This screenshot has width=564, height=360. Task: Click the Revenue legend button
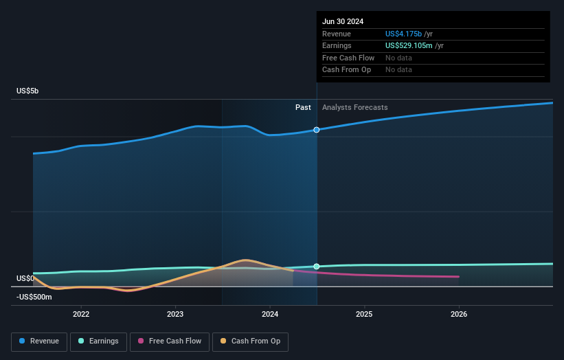(40, 341)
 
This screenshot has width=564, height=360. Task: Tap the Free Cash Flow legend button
(169, 341)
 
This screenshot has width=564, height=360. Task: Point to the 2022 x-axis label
(81, 314)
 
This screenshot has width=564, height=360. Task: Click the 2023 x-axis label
(175, 314)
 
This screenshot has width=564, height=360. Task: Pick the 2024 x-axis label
(270, 314)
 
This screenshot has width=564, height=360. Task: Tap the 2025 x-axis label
(364, 314)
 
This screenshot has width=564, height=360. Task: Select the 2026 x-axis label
(459, 314)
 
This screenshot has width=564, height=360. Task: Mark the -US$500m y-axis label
(34, 297)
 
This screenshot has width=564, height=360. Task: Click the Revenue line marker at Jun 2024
(317, 130)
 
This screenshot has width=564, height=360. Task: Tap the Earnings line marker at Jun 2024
(317, 267)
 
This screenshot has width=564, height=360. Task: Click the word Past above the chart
(303, 107)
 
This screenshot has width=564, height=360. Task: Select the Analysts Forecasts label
(354, 107)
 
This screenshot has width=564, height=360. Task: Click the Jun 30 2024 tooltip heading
(343, 21)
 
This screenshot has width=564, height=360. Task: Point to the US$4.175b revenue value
(404, 34)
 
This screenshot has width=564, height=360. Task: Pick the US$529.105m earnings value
(409, 46)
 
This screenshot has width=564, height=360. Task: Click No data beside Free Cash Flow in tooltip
(398, 58)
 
